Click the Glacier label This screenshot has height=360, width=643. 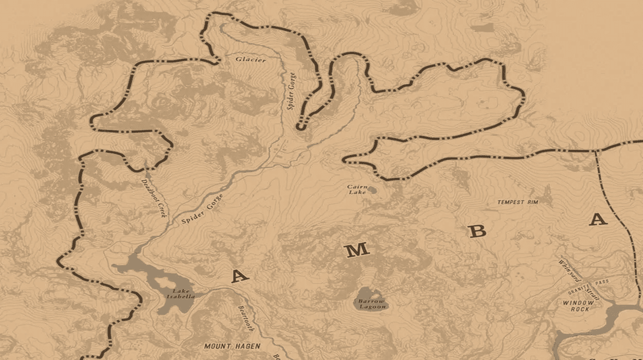(x=251, y=60)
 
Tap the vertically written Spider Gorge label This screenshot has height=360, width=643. (x=292, y=90)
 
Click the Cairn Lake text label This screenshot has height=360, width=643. (x=357, y=189)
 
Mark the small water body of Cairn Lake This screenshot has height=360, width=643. (x=372, y=190)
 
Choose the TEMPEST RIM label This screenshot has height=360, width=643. (x=517, y=202)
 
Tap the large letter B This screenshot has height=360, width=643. (x=478, y=231)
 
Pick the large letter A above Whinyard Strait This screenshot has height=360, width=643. (x=598, y=220)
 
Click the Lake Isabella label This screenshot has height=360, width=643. (x=184, y=294)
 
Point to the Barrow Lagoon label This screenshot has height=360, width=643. (x=372, y=303)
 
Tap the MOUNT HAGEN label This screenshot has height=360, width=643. (x=232, y=347)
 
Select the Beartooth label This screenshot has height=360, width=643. (x=246, y=318)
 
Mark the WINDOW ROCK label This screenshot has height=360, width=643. (x=578, y=307)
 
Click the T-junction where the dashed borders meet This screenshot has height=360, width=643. (x=596, y=151)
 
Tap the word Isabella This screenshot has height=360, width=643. (x=184, y=297)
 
